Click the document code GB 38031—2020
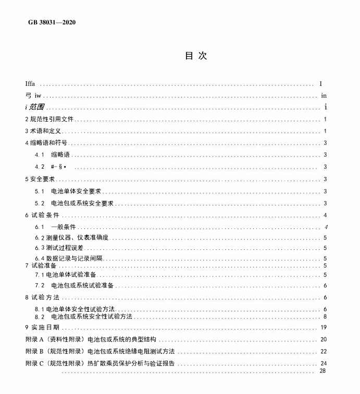51,23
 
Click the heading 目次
196,56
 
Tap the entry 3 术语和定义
43,131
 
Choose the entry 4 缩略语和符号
46,143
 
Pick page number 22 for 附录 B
324,351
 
